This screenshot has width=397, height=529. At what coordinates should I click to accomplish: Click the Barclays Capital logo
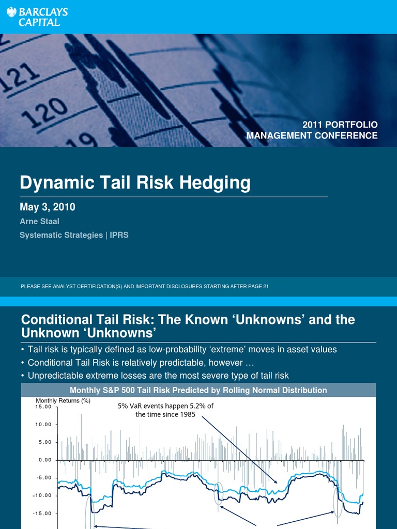point(37,15)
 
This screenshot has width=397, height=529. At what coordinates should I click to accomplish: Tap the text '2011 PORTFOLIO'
point(340,125)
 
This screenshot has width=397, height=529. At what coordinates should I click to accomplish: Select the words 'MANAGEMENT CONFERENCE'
point(312,136)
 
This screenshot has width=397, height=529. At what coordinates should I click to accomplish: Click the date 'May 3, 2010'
point(48,207)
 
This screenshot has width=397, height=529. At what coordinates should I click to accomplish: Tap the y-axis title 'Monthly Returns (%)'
point(63,400)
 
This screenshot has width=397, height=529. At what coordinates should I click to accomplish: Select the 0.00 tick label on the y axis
point(44,460)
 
